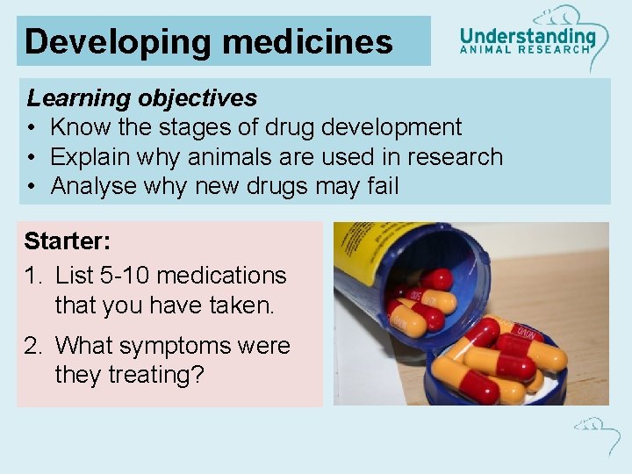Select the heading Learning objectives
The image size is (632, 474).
tap(142, 97)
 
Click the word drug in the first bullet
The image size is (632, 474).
tap(284, 127)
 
